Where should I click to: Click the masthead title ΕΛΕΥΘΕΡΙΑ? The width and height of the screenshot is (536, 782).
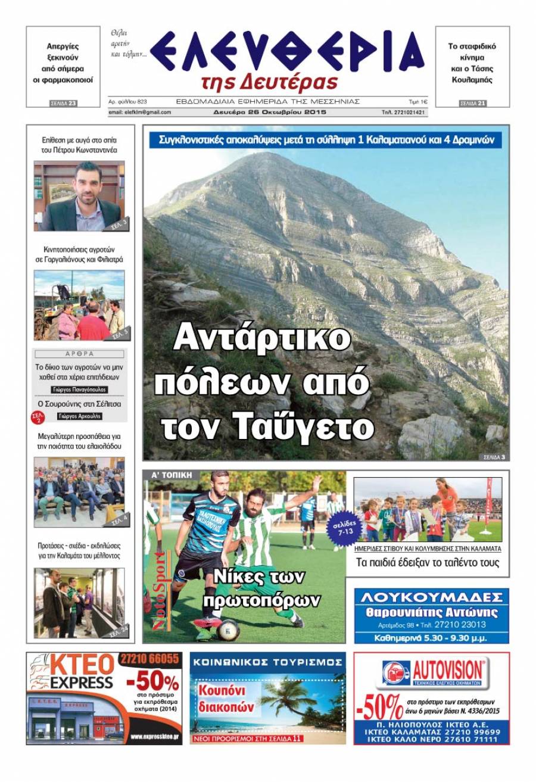286,52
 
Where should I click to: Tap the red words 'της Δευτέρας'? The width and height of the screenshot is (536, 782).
270,82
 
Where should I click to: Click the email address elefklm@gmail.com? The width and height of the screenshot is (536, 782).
139,112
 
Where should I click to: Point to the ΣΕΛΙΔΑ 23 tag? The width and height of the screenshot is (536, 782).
63,104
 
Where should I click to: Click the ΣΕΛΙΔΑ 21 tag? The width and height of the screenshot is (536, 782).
473,104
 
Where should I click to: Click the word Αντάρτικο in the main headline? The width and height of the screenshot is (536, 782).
261,339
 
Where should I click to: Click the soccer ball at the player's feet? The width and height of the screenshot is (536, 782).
228,629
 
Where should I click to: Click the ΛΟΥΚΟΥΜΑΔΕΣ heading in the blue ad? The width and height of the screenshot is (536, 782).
431,598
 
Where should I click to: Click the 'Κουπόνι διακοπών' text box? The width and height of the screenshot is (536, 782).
228,699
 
